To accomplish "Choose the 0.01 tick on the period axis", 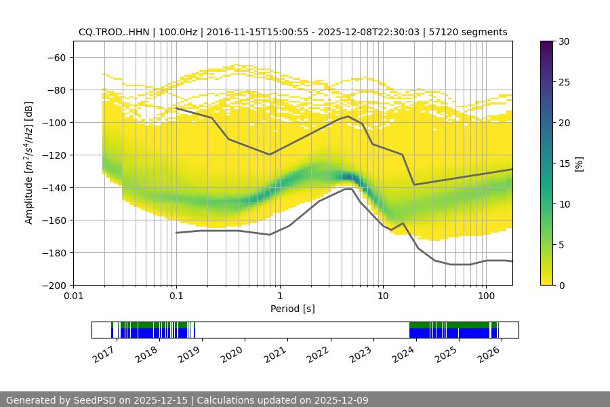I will point(73,296).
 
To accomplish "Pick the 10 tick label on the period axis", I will point(382,296).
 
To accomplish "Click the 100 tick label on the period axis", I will point(485,296).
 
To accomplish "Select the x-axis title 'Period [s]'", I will point(293,309).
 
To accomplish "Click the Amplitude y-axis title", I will point(29,163).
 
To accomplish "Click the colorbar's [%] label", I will point(579,163).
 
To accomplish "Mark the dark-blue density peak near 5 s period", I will point(348,178).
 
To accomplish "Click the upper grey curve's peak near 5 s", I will point(348,116).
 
